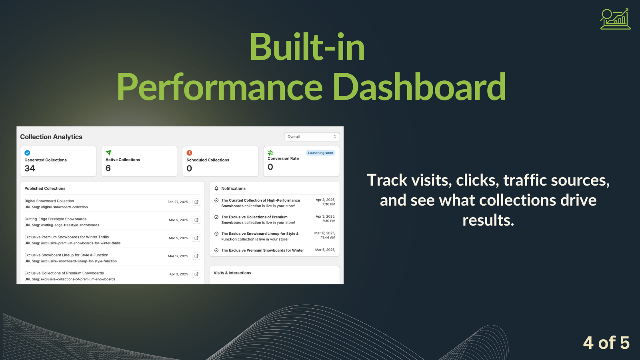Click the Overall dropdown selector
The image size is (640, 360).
(x=312, y=137)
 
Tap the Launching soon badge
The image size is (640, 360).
(x=320, y=153)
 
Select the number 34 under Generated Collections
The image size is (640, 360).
(x=30, y=168)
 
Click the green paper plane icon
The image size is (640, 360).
(x=108, y=152)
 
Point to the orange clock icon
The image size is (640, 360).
(x=190, y=153)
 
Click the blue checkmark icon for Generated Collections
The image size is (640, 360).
(x=27, y=153)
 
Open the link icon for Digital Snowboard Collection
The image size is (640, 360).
(x=196, y=202)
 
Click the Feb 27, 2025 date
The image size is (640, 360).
(x=178, y=202)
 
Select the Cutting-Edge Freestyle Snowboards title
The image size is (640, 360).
(x=56, y=219)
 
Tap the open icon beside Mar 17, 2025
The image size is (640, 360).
(x=196, y=256)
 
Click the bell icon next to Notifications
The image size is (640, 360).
(x=216, y=188)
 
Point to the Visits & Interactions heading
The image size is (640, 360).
(x=232, y=273)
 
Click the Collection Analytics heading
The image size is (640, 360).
(x=51, y=137)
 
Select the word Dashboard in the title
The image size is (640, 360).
(x=419, y=87)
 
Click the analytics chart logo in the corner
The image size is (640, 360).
(x=615, y=19)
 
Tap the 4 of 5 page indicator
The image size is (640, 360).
(x=606, y=343)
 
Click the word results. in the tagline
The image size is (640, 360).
(x=488, y=220)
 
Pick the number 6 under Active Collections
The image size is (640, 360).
(x=108, y=168)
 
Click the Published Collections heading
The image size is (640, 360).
(x=45, y=188)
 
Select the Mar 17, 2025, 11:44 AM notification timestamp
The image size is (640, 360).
(x=325, y=235)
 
